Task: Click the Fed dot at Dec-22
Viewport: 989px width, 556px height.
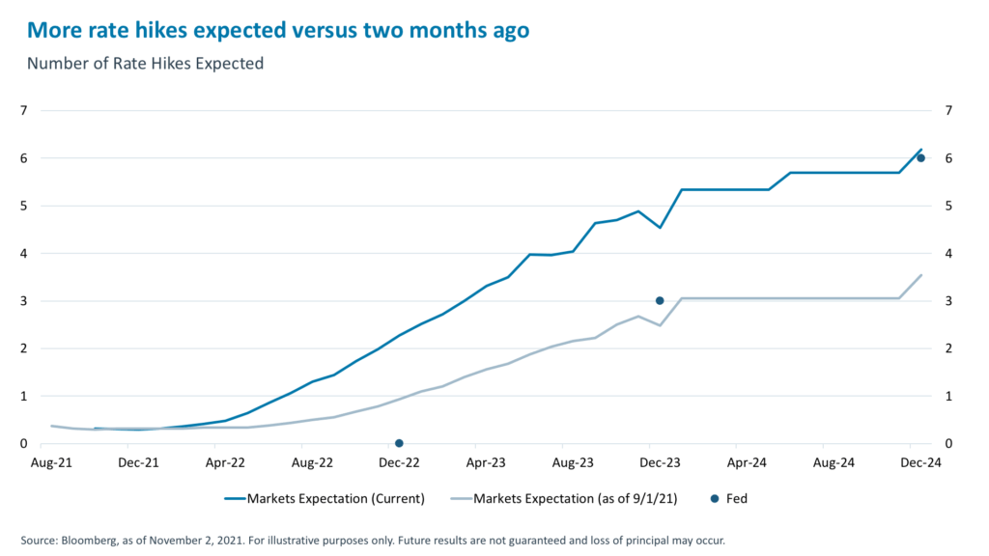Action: pyautogui.click(x=399, y=443)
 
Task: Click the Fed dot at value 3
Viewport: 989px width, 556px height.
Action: pyautogui.click(x=660, y=300)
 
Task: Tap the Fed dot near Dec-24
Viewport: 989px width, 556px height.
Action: pyautogui.click(x=920, y=158)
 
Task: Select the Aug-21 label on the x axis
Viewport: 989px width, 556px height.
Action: pyautogui.click(x=51, y=462)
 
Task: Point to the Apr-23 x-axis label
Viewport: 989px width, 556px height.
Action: pyautogui.click(x=486, y=462)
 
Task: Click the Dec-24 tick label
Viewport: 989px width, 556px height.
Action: pyautogui.click(x=920, y=462)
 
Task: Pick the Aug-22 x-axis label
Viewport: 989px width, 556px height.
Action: pyautogui.click(x=312, y=462)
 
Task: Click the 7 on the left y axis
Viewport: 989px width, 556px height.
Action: pyautogui.click(x=23, y=111)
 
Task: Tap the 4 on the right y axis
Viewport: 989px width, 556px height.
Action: pyautogui.click(x=948, y=253)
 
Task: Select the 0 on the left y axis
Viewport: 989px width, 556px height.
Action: pyautogui.click(x=23, y=444)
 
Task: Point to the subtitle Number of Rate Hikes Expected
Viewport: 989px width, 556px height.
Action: pyautogui.click(x=145, y=65)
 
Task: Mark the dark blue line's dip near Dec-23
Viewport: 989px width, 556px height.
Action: pyautogui.click(x=660, y=228)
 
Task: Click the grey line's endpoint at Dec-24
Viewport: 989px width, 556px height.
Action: pyautogui.click(x=921, y=275)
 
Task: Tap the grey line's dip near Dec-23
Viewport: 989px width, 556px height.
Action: pyautogui.click(x=660, y=325)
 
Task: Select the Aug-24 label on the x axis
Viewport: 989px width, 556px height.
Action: pyautogui.click(x=834, y=462)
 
